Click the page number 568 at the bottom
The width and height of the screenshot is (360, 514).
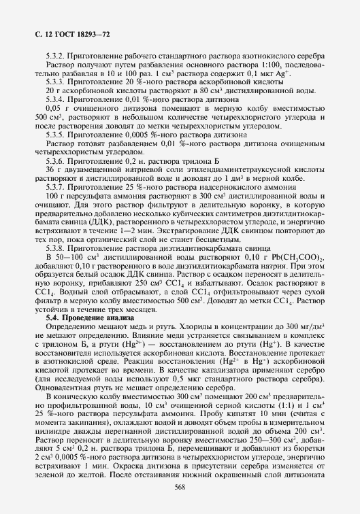pos(180,488)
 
